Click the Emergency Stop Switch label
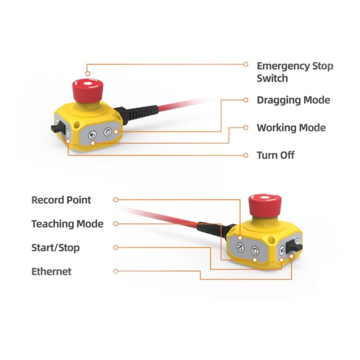coord(295,72)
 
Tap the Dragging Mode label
coord(293,100)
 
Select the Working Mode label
coord(291,128)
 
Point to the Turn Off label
coord(275,155)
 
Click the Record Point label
coord(61,200)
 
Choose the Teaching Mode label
coord(67,224)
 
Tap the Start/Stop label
coord(55,248)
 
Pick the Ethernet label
coord(51,271)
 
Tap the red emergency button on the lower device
coord(265,206)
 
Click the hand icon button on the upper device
coord(107,132)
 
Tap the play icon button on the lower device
coord(282,250)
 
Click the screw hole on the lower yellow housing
coord(271,240)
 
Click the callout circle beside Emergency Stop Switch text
coord(246,64)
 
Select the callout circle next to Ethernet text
coord(116,271)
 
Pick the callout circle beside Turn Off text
coord(246,155)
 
